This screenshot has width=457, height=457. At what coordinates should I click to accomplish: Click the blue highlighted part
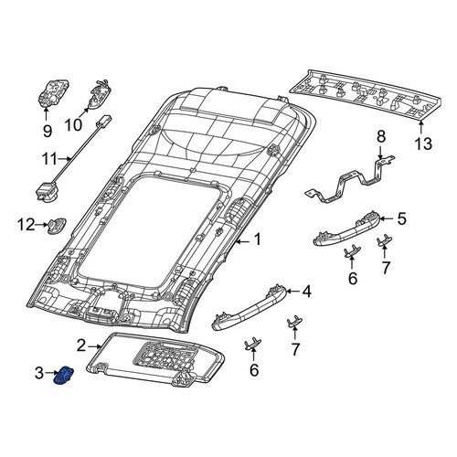tap(63, 376)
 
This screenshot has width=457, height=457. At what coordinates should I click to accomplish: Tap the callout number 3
tap(39, 373)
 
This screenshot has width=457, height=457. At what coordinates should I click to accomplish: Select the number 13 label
tap(423, 143)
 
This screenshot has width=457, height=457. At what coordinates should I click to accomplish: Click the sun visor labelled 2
tap(155, 359)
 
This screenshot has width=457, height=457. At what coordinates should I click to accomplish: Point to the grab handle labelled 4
tap(249, 308)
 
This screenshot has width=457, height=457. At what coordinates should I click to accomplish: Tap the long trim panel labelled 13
tap(366, 94)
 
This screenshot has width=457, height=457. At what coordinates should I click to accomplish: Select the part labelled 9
tap(54, 93)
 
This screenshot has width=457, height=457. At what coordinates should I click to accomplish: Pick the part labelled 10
tap(99, 94)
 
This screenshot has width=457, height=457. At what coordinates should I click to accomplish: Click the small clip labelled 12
tap(57, 227)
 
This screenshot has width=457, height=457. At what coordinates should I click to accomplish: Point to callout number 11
tap(49, 159)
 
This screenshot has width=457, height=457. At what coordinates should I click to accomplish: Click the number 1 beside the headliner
tap(258, 239)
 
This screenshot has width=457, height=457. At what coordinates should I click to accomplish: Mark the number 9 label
tap(48, 132)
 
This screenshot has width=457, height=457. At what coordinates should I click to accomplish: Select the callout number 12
tap(27, 225)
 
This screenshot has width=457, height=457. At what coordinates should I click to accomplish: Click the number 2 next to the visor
tap(81, 345)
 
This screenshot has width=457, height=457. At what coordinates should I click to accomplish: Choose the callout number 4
tap(306, 292)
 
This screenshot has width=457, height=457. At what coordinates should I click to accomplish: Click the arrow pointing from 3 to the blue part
tap(51, 373)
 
